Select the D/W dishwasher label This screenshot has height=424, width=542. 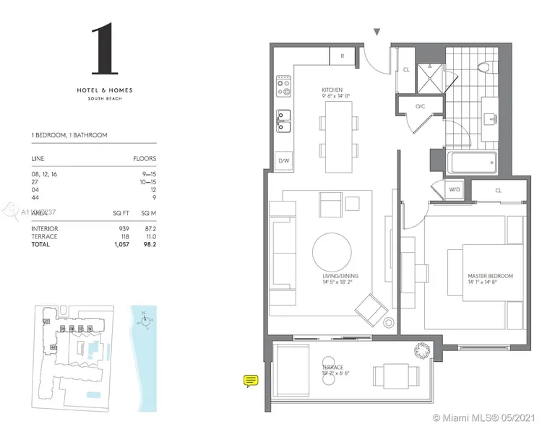point(284,161)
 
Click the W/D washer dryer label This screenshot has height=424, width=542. point(455,190)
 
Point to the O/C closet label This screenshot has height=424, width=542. point(419,107)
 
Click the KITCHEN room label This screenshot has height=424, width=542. point(333,91)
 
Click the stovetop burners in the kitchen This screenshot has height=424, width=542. point(283,87)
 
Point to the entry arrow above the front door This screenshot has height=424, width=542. point(377,32)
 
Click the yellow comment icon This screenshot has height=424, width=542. point(251,380)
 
